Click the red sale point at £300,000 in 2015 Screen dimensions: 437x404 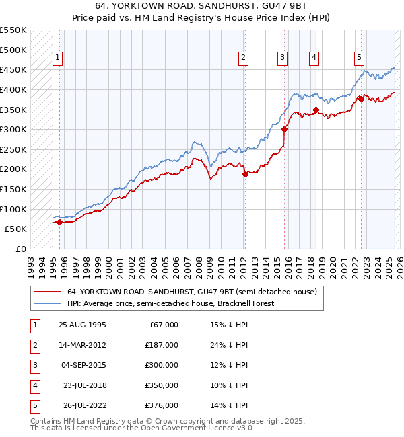[285, 129]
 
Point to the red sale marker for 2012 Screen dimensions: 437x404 [245, 174]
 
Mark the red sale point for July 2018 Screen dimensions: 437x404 [316, 110]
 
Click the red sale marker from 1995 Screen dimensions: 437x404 [59, 222]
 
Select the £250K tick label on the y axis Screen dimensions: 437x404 [13, 149]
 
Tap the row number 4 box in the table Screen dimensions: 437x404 [33, 385]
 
